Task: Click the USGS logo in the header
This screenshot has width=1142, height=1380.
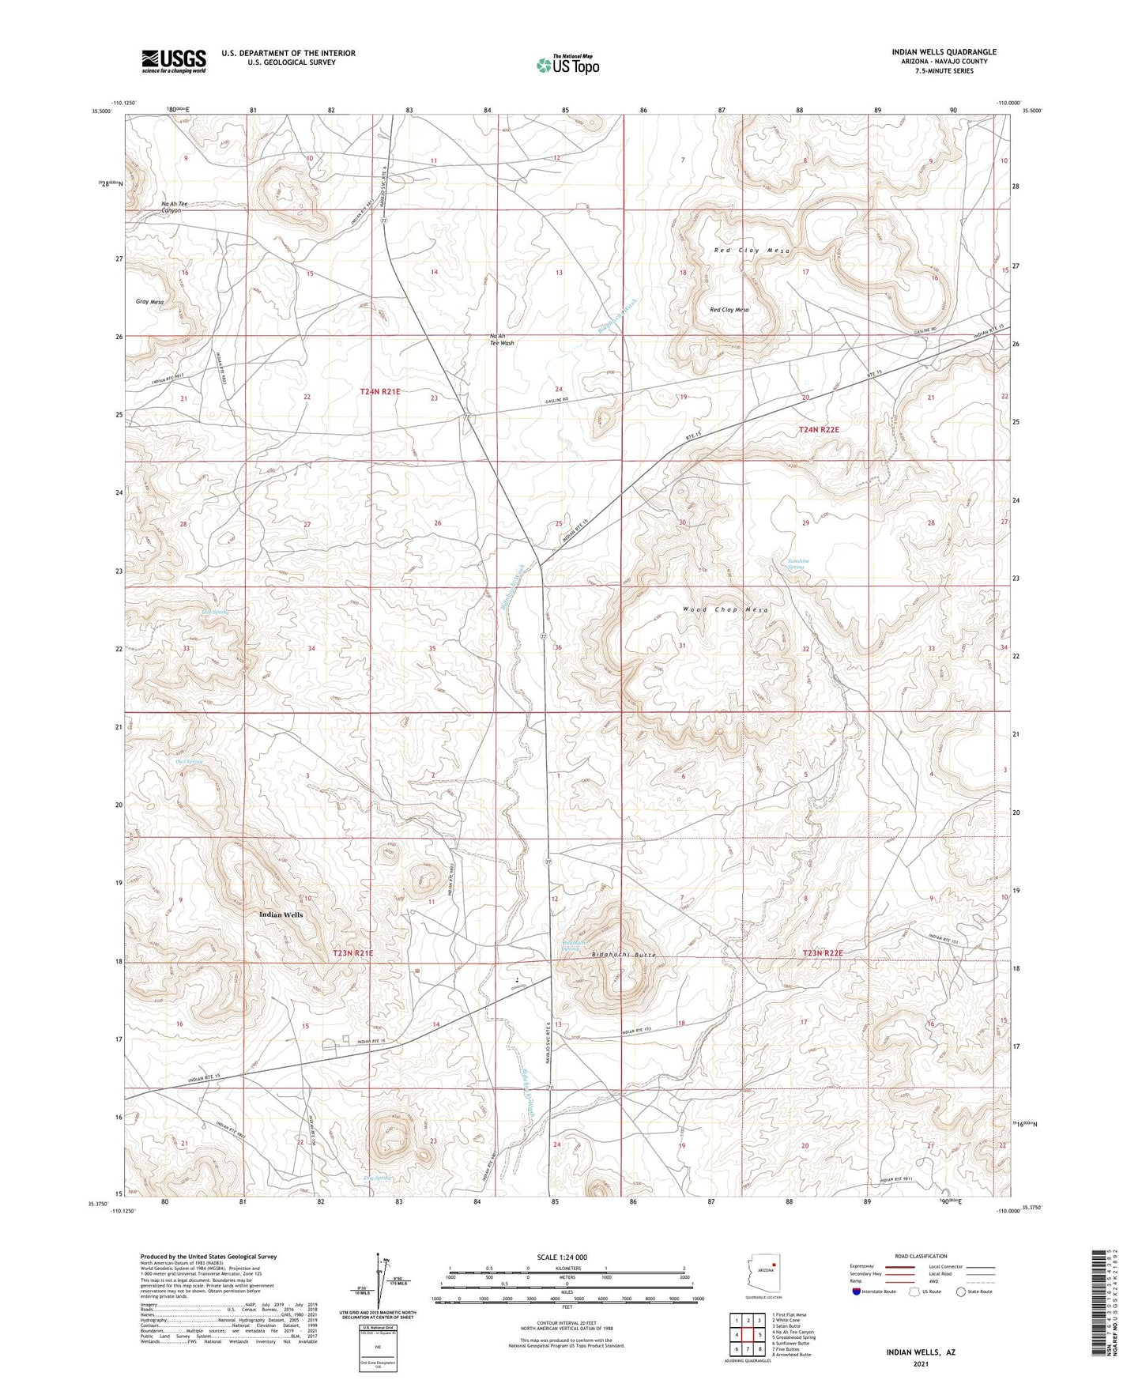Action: pos(174,60)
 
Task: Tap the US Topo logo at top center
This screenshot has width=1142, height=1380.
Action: pos(568,65)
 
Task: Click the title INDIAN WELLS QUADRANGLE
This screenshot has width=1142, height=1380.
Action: pos(944,52)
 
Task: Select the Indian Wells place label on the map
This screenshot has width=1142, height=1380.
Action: pos(281,914)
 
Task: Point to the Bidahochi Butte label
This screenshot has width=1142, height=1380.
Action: pos(624,955)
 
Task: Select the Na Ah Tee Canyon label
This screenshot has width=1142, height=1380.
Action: pos(175,208)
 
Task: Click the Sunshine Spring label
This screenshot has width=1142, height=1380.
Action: pos(798,564)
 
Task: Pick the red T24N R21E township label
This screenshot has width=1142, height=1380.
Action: pos(380,391)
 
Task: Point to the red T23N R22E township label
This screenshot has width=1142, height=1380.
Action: pos(823,953)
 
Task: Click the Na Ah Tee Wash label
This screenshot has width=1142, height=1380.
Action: pos(502,339)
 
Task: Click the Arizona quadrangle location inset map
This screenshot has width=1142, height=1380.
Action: pos(763,1273)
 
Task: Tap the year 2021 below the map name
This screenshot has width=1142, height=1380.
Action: pos(920,1364)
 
